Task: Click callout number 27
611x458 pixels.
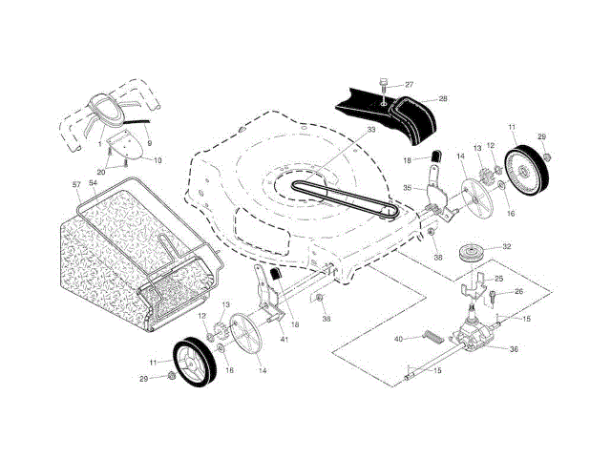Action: click(x=410, y=85)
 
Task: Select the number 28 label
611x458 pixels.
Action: click(x=442, y=98)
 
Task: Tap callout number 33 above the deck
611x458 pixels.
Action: click(x=318, y=129)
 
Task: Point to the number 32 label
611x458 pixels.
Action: click(x=506, y=247)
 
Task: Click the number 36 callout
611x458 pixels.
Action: click(x=513, y=349)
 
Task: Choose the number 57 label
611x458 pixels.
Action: click(x=76, y=182)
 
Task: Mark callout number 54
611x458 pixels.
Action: click(x=94, y=182)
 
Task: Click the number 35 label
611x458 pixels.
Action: click(x=407, y=188)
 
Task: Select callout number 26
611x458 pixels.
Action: click(x=519, y=292)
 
